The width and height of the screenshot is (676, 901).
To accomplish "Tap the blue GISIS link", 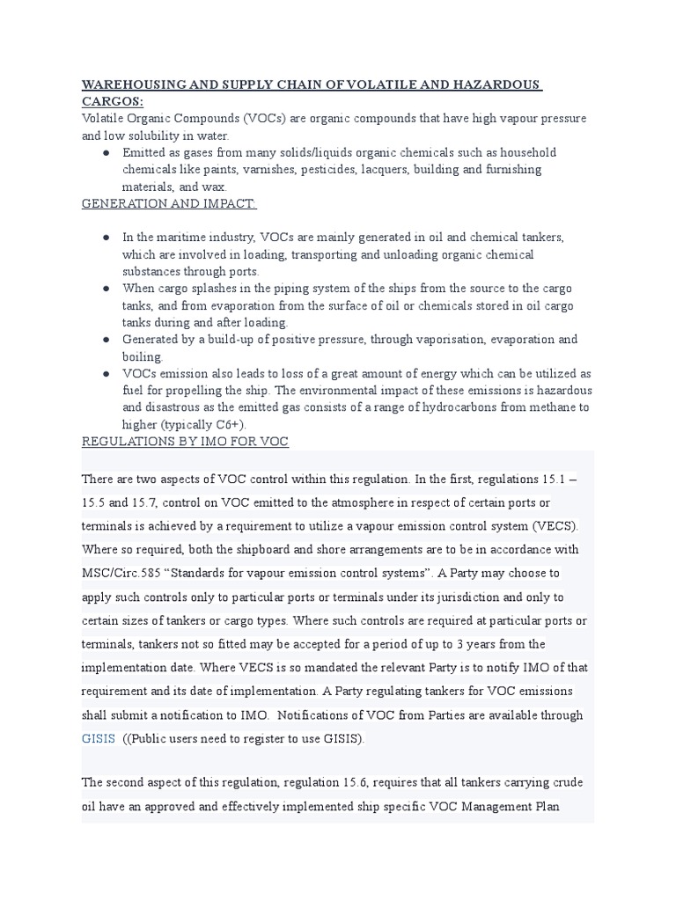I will tap(98, 738).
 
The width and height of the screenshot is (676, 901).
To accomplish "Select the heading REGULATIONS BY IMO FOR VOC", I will tap(185, 441).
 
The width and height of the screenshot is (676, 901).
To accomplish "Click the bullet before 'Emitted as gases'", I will tap(106, 152).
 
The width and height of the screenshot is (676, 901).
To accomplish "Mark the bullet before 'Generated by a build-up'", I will tap(106, 339).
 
